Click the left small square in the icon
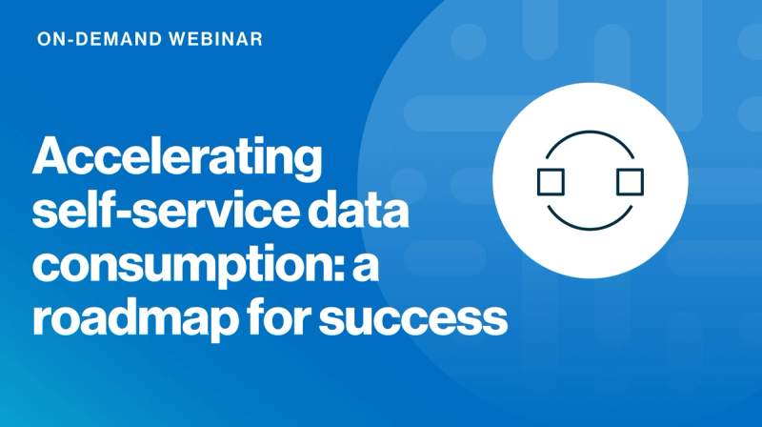[551, 181]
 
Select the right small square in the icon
[630, 181]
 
